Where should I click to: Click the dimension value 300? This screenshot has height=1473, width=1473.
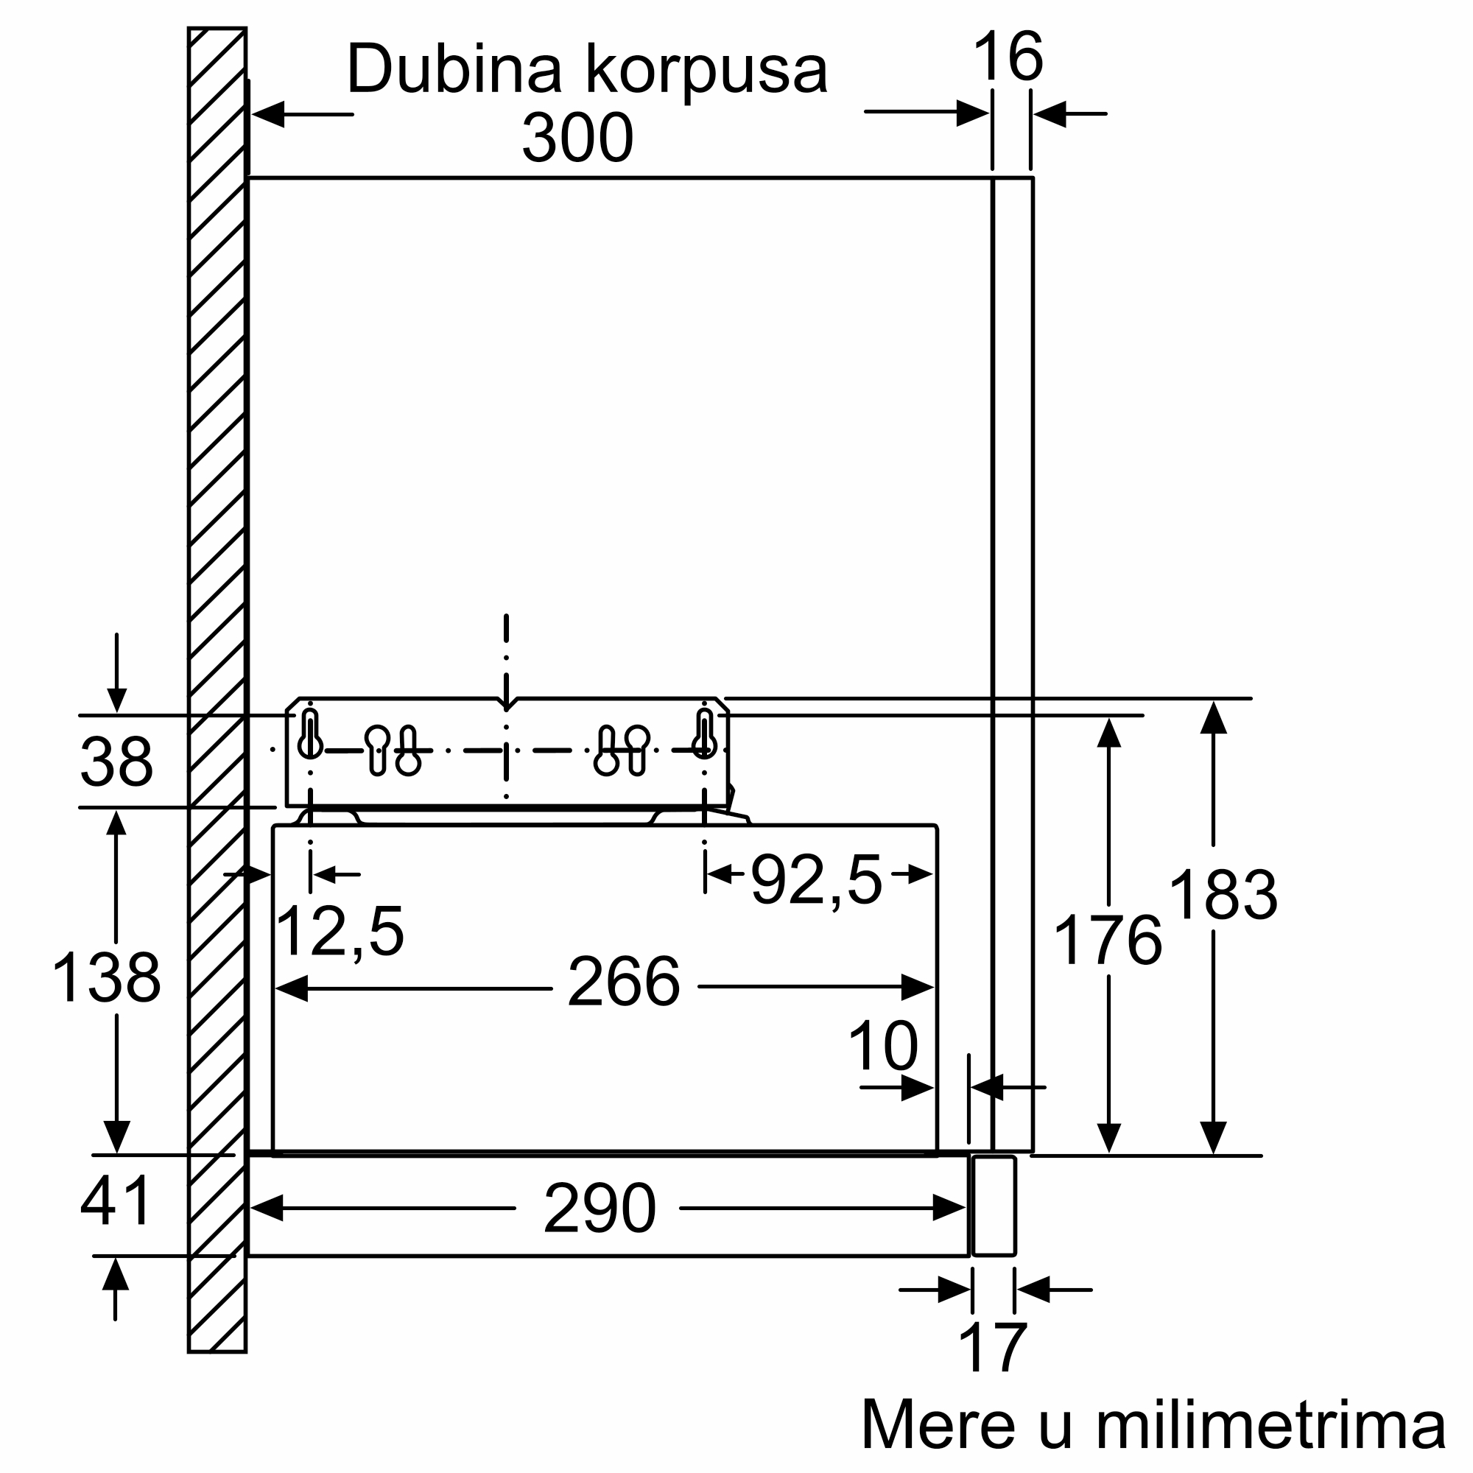click(577, 138)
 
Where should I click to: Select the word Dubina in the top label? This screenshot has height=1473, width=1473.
click(454, 69)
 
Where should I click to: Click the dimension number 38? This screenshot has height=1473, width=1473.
click(116, 761)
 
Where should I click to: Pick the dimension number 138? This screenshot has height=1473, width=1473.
click(106, 977)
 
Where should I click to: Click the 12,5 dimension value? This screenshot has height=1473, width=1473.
click(340, 933)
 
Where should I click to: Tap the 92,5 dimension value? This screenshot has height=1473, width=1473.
click(817, 881)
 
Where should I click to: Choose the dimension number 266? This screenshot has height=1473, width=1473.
click(624, 982)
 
